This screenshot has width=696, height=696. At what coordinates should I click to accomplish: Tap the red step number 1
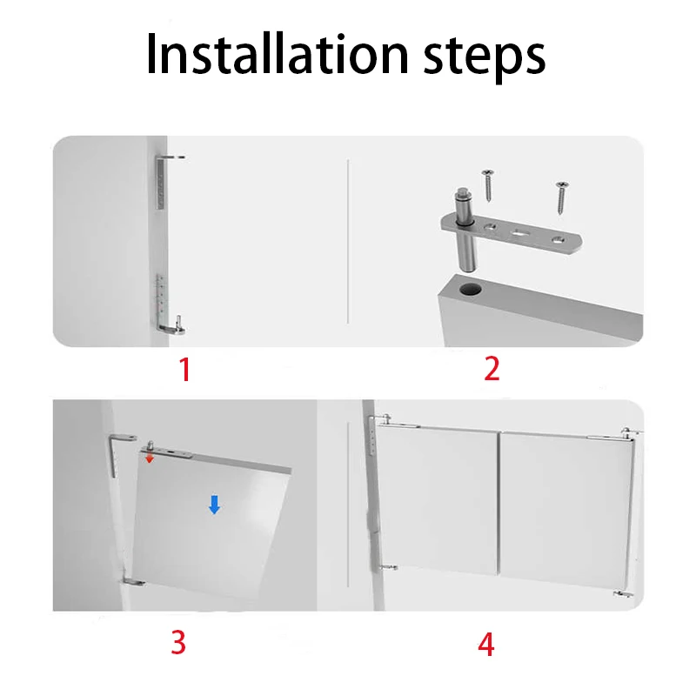tap(184, 369)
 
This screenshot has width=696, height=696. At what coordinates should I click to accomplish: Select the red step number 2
tap(492, 369)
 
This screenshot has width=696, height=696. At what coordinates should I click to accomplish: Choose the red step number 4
tap(485, 644)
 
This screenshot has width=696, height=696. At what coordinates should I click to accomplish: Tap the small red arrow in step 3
tap(150, 458)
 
